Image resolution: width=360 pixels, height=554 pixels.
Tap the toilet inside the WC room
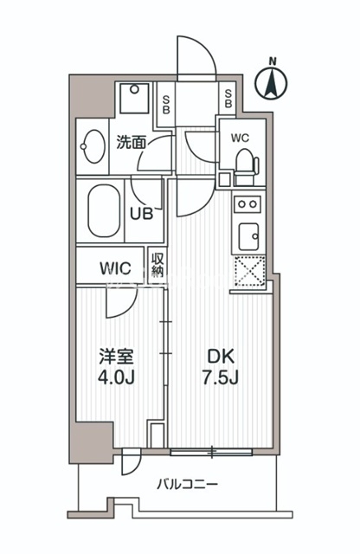tap(244, 163)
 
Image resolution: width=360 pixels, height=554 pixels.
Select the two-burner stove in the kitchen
tap(247, 204)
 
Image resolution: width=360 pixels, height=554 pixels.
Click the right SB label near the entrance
tap(228, 100)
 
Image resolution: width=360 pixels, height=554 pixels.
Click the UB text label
tap(143, 213)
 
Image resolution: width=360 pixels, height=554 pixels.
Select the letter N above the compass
tap(273, 61)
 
